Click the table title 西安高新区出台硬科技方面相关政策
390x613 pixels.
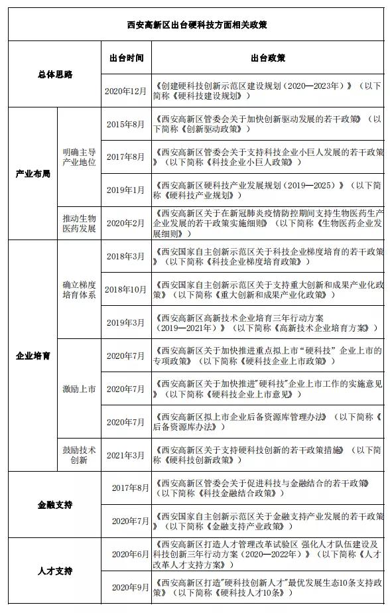197,25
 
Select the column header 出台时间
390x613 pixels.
126,58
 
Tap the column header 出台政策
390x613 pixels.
268,58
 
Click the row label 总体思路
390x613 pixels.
54,74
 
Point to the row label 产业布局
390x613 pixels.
32,174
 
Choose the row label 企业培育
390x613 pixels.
32,356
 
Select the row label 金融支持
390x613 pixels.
54,505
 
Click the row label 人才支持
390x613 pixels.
54,571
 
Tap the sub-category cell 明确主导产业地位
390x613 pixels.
79,157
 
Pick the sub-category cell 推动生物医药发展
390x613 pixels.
79,224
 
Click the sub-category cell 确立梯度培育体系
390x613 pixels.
79,289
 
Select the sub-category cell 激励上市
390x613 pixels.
79,389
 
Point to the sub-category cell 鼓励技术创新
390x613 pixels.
79,455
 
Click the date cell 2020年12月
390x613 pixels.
126,91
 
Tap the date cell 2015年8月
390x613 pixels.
126,124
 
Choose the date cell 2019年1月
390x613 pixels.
126,190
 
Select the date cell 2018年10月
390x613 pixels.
126,289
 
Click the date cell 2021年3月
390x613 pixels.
126,455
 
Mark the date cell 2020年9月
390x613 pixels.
130,587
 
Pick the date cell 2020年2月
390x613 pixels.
126,224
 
